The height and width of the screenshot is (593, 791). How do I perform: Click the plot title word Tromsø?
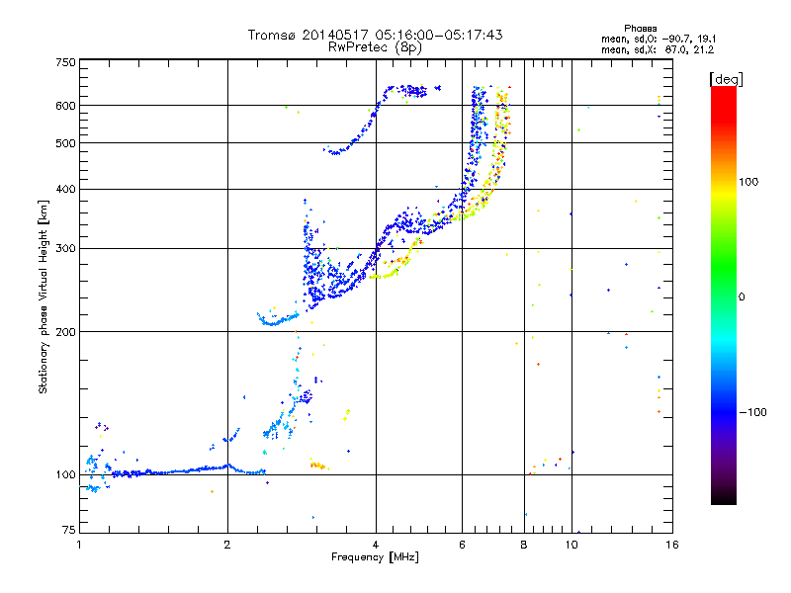click(272, 35)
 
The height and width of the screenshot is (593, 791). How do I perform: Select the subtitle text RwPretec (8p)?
click(376, 46)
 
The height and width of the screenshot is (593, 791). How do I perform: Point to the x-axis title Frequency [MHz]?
click(375, 557)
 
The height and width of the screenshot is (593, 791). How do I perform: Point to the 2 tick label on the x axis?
click(227, 544)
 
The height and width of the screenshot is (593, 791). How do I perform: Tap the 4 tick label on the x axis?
click(376, 544)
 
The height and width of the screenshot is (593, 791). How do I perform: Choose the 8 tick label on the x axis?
click(523, 544)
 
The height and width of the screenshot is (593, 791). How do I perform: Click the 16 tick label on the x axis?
click(670, 544)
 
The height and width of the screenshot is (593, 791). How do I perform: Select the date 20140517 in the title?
click(336, 35)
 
